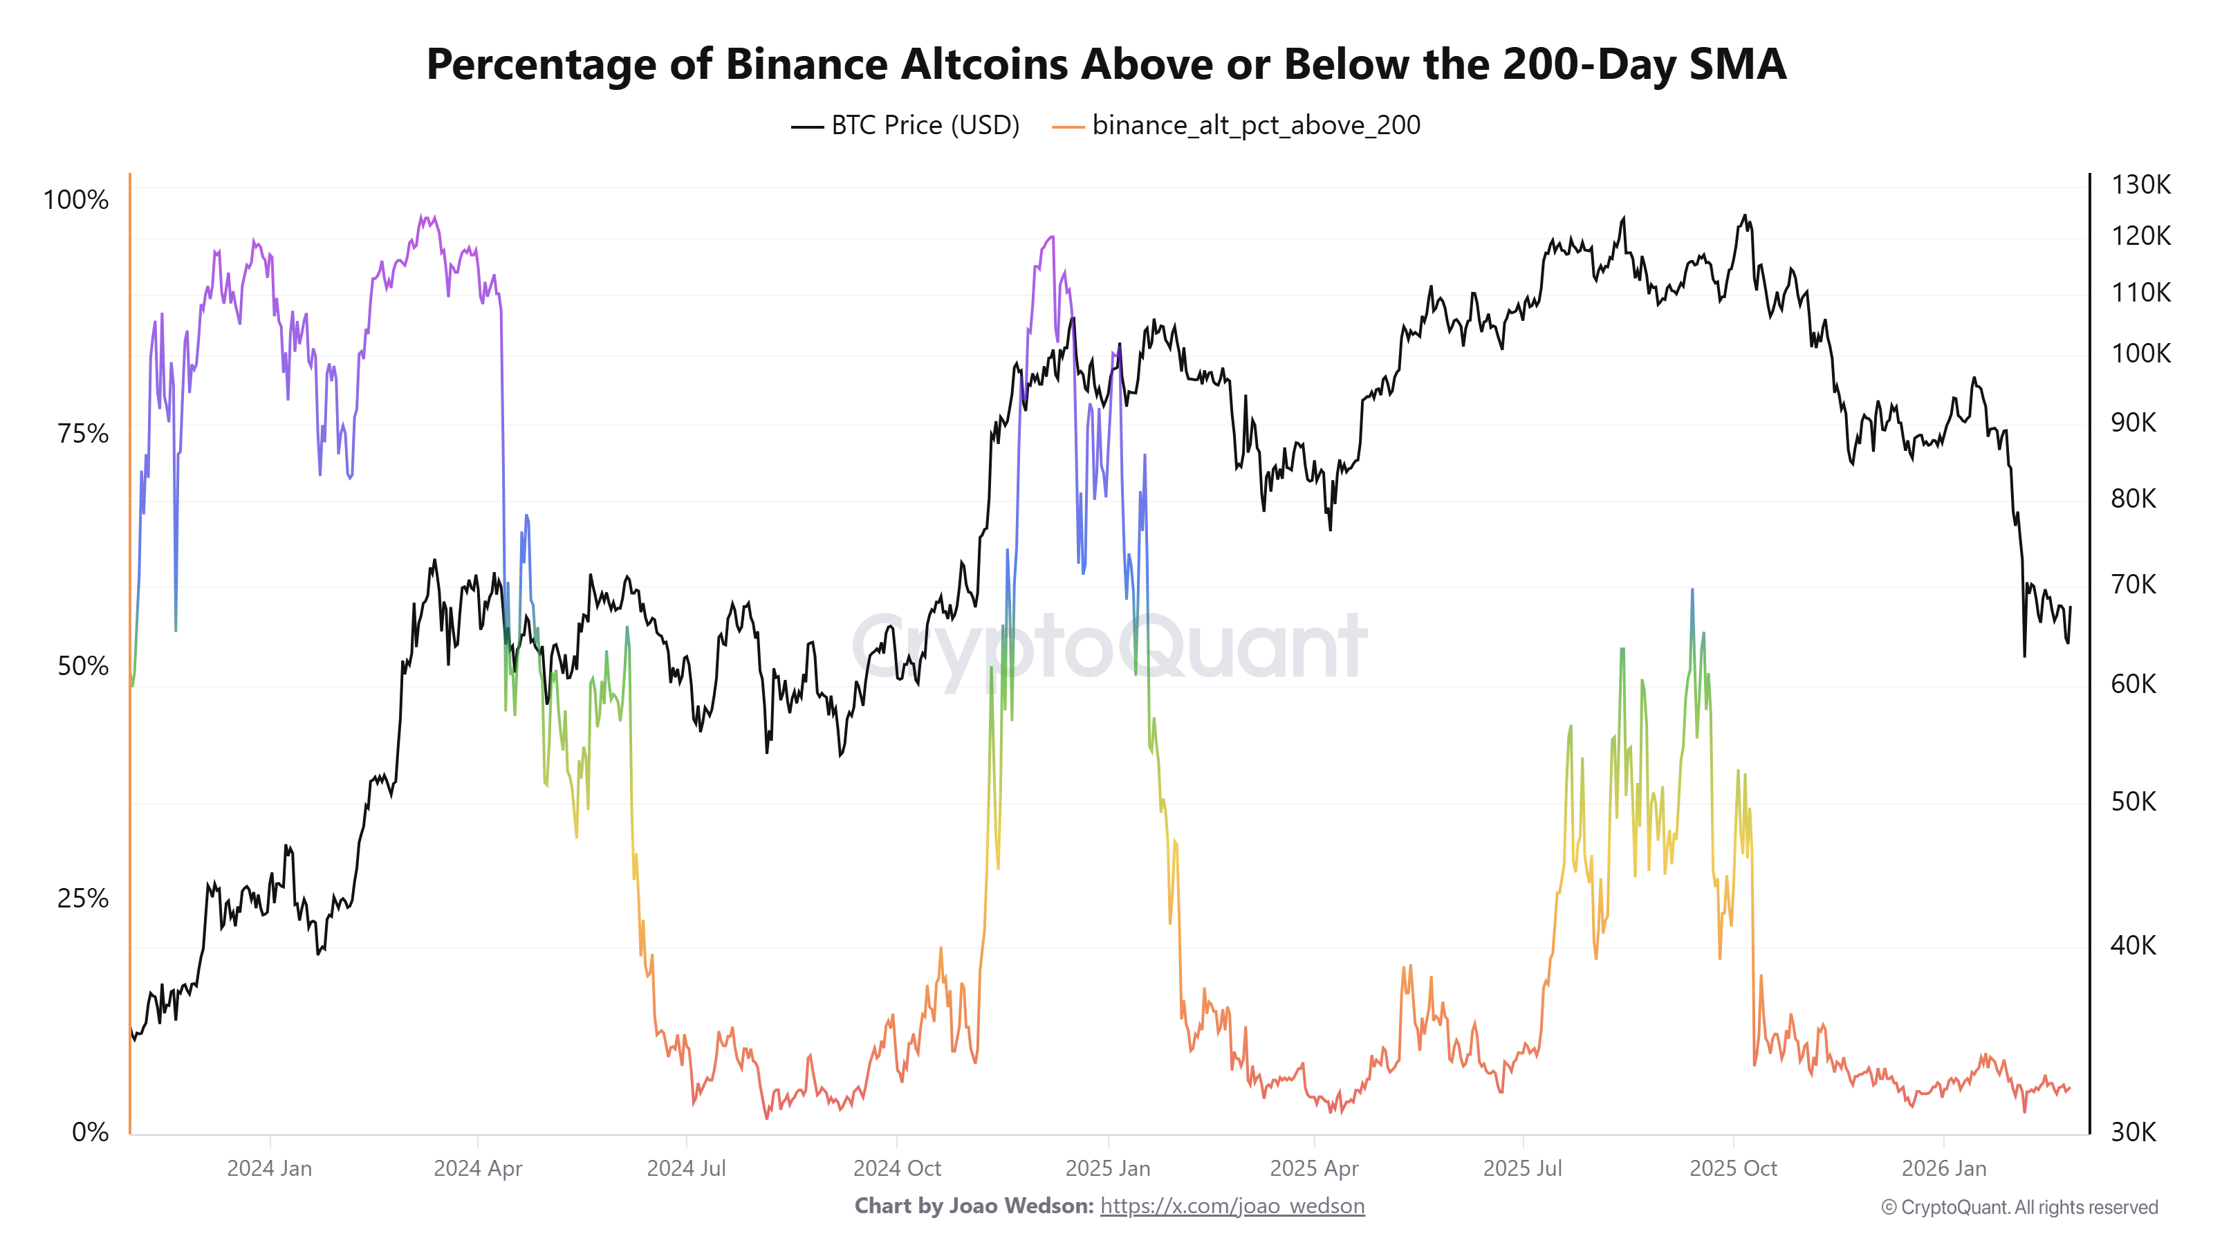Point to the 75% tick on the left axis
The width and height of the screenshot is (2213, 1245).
(83, 433)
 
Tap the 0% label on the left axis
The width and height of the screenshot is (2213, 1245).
(90, 1132)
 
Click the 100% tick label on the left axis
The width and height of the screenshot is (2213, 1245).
(77, 200)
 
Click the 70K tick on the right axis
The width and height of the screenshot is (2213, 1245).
(2134, 584)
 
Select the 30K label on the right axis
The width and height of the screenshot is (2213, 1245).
(2134, 1132)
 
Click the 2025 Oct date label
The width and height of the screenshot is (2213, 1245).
(1733, 1168)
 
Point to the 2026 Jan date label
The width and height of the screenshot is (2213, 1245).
(1943, 1168)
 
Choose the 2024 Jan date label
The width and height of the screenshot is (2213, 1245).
(269, 1168)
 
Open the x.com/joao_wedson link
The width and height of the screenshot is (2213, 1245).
(1232, 1206)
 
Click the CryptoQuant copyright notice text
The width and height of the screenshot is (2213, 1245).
(2019, 1207)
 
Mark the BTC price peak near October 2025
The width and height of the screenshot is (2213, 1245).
(1744, 216)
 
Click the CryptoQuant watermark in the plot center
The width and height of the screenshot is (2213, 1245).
(1108, 646)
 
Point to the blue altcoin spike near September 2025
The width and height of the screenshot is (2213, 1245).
(1692, 591)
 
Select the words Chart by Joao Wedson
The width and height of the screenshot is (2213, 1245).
(973, 1206)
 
